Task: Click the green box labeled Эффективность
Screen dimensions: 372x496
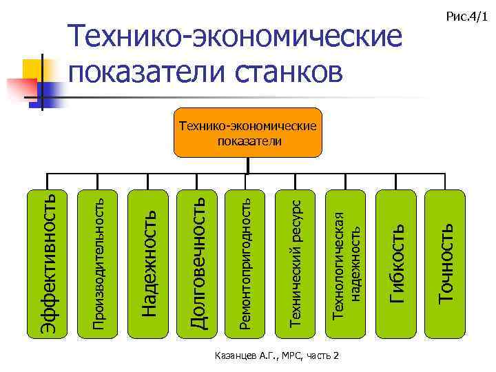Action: click(x=48, y=263)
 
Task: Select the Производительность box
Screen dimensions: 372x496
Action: click(x=98, y=263)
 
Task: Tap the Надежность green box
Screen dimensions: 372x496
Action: click(x=148, y=263)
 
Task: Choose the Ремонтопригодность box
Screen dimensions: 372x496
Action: click(x=247, y=263)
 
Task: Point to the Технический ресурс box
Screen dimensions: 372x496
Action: click(x=296, y=263)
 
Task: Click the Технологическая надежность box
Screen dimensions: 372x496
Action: click(x=346, y=263)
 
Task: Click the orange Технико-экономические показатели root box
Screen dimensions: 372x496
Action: click(x=247, y=133)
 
